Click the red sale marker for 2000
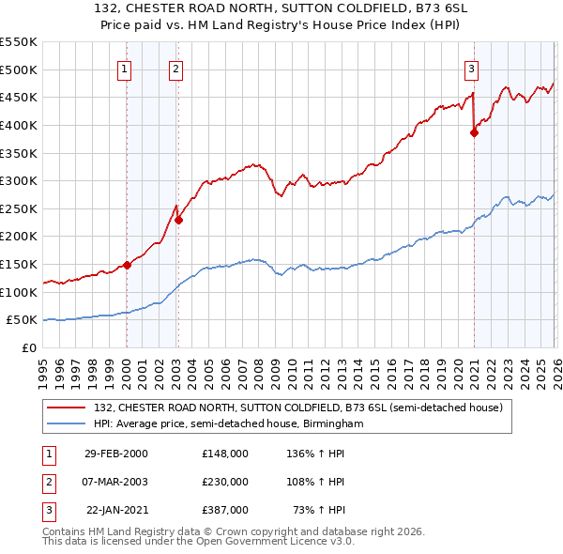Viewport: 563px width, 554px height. pyautogui.click(x=127, y=266)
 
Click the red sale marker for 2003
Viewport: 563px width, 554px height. pyautogui.click(x=177, y=220)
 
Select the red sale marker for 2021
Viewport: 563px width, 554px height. pyautogui.click(x=474, y=132)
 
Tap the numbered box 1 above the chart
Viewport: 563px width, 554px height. pyautogui.click(x=126, y=68)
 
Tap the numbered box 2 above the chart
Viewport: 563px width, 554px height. pyautogui.click(x=176, y=68)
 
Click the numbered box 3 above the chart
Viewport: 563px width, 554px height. pyautogui.click(x=472, y=68)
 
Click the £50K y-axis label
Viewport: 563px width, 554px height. pyautogui.click(x=23, y=320)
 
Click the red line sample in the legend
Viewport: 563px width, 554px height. pyautogui.click(x=68, y=408)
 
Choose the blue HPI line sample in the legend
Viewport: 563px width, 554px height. pyautogui.click(x=68, y=423)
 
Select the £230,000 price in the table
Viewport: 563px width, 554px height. pyautogui.click(x=225, y=482)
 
